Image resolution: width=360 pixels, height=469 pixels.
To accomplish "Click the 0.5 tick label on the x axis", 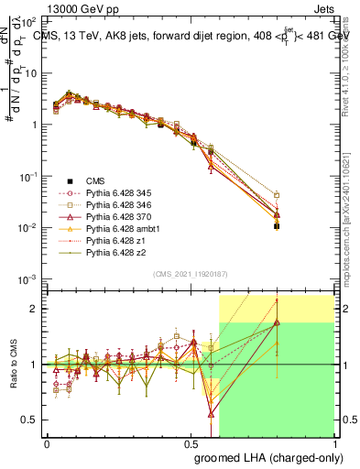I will (x=191, y=442).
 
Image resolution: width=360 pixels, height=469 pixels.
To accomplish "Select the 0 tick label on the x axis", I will (x=48, y=442).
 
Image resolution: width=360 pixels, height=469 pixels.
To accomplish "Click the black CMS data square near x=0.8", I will (x=277, y=225).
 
